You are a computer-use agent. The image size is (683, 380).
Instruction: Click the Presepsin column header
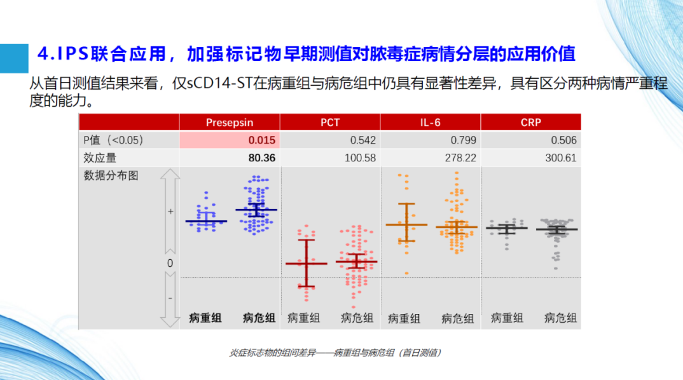click(x=230, y=122)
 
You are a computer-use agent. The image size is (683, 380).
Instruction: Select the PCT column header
click(x=330, y=122)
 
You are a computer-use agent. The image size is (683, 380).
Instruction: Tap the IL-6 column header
click(x=431, y=122)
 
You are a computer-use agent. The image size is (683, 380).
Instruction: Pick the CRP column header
click(x=530, y=122)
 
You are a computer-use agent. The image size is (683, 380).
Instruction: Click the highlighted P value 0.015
click(x=262, y=140)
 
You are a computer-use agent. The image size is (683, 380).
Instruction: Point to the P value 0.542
click(x=363, y=140)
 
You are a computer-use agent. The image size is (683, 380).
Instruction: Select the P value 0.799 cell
click(x=464, y=140)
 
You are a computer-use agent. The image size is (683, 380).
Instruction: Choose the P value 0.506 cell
click(x=563, y=140)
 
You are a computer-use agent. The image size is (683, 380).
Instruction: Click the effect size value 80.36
click(x=262, y=158)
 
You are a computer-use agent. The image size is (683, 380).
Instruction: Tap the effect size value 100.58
click(x=360, y=158)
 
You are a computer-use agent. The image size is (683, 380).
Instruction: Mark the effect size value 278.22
click(x=460, y=158)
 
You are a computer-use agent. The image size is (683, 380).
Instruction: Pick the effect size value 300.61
click(x=561, y=158)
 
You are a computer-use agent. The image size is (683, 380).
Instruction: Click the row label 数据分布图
click(x=111, y=175)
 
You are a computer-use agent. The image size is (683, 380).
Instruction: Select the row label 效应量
click(x=100, y=158)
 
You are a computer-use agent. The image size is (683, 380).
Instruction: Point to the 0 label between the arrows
click(x=170, y=263)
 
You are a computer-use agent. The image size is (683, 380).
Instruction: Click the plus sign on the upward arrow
click(x=170, y=212)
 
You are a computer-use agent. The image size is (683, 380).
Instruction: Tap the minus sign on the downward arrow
click(x=170, y=298)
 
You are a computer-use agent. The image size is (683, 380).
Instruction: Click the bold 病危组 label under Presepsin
click(x=259, y=318)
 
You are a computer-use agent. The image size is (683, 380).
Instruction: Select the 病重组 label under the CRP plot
click(x=507, y=318)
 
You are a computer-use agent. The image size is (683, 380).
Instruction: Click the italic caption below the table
click(x=335, y=353)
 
